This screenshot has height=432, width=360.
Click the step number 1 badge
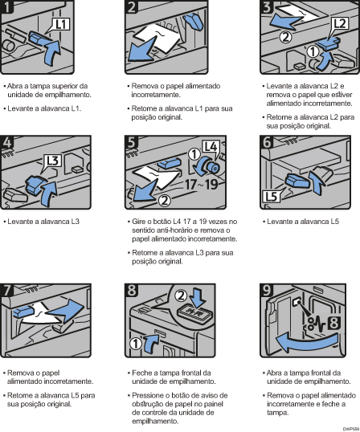10,9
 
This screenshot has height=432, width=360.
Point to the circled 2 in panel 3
284,36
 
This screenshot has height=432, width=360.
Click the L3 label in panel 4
53,159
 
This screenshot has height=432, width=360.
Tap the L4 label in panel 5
210,148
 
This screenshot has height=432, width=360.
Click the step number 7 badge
10,288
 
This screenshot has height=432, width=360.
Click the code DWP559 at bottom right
347,428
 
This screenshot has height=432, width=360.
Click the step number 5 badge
133,144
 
